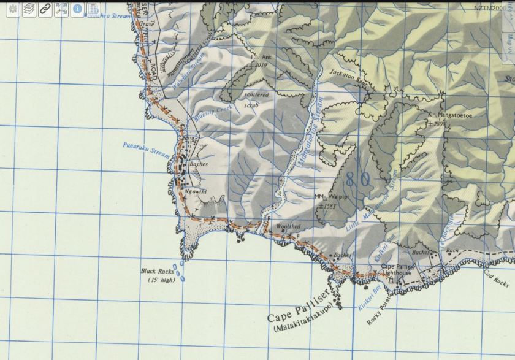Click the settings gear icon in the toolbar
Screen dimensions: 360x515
click(x=10, y=9)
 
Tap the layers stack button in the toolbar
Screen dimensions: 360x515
click(x=28, y=9)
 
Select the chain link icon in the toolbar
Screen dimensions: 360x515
click(x=45, y=9)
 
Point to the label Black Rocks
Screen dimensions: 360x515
click(x=153, y=271)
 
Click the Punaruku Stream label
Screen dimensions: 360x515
click(x=145, y=148)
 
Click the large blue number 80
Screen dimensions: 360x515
click(x=357, y=179)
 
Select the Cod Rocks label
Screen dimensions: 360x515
click(x=497, y=279)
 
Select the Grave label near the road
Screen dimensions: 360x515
click(x=147, y=25)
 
